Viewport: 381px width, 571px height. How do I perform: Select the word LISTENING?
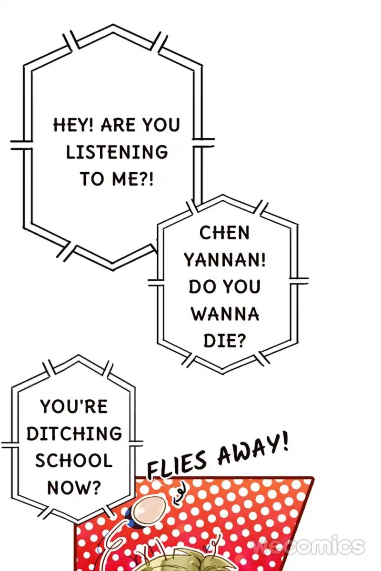pyautogui.click(x=117, y=152)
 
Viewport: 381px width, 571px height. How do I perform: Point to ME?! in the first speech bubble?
pyautogui.click(x=134, y=179)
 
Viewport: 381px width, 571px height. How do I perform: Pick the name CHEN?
pyautogui.click(x=224, y=233)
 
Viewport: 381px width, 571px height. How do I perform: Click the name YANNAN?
pyautogui.click(x=225, y=260)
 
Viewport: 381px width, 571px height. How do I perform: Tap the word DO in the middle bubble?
pyautogui.click(x=201, y=287)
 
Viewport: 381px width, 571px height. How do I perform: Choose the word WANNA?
pyautogui.click(x=225, y=314)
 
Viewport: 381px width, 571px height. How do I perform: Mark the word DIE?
pyautogui.click(x=224, y=341)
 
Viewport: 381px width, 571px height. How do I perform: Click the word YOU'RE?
pyautogui.click(x=74, y=407)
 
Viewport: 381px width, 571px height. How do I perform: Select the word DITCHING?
pyautogui.click(x=74, y=433)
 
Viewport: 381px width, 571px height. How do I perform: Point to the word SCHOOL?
pyautogui.click(x=74, y=461)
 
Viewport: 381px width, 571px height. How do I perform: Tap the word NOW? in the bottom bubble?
pyautogui.click(x=74, y=487)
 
